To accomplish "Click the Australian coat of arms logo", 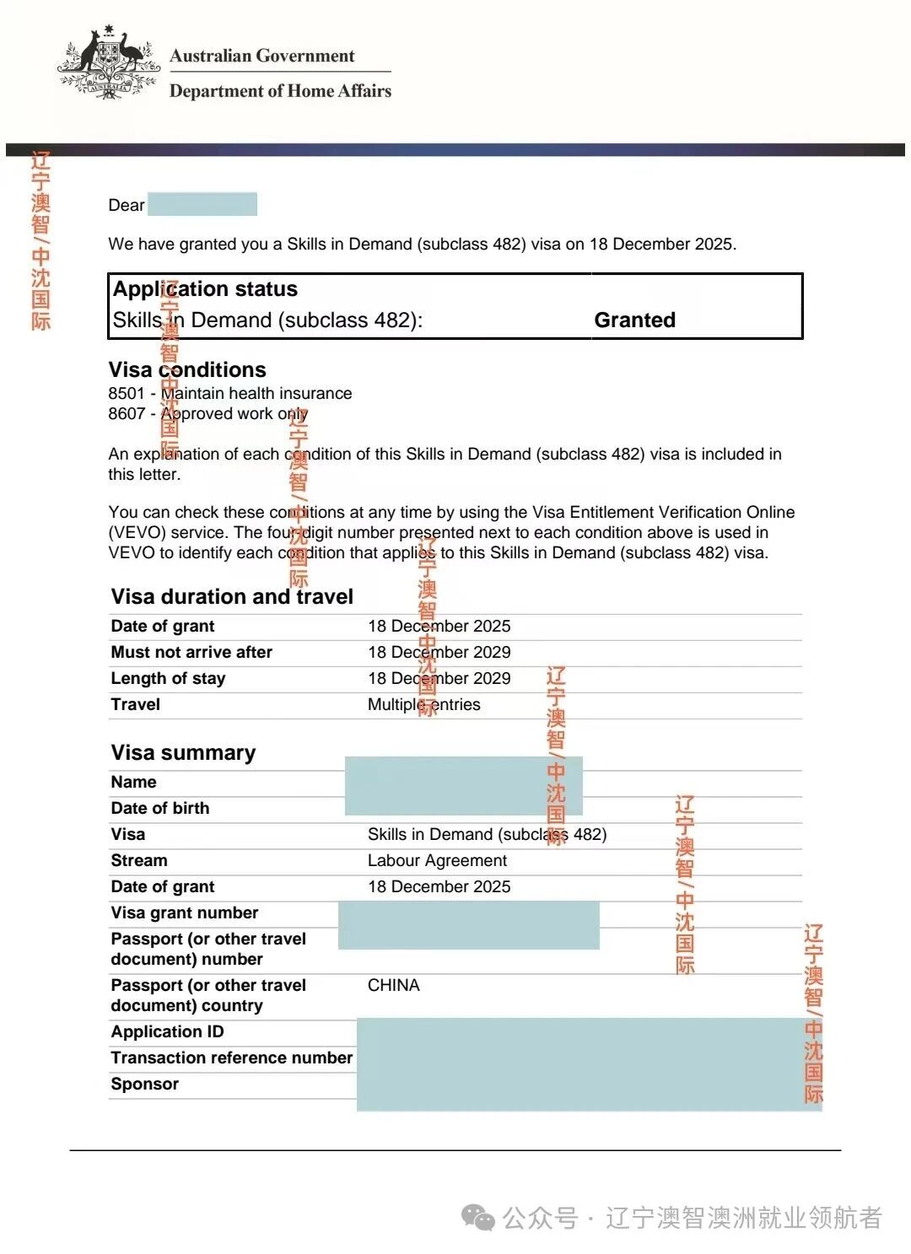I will pyautogui.click(x=107, y=62).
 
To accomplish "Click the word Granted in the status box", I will pyautogui.click(x=634, y=320).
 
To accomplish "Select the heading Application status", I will pyautogui.click(x=205, y=289).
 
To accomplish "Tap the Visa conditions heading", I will pyautogui.click(x=187, y=369).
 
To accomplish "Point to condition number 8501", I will pyautogui.click(x=127, y=393).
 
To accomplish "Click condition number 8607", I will pyautogui.click(x=127, y=413).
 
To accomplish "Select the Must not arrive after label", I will pyautogui.click(x=191, y=652).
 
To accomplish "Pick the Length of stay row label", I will pyautogui.click(x=168, y=678).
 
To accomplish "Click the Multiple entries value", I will pyautogui.click(x=423, y=704).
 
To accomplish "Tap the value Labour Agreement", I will pyautogui.click(x=437, y=860).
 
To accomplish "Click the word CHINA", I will pyautogui.click(x=393, y=985).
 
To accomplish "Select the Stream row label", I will pyautogui.click(x=139, y=860).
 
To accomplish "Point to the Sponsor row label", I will pyautogui.click(x=144, y=1084).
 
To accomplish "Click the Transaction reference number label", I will pyautogui.click(x=231, y=1058).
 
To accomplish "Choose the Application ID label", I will pyautogui.click(x=167, y=1031).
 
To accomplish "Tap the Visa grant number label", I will pyautogui.click(x=185, y=912).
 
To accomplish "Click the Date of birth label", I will pyautogui.click(x=159, y=808).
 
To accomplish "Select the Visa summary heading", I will pyautogui.click(x=183, y=752).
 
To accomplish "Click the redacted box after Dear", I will pyautogui.click(x=202, y=204).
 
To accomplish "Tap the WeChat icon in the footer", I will pyautogui.click(x=478, y=1218).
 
